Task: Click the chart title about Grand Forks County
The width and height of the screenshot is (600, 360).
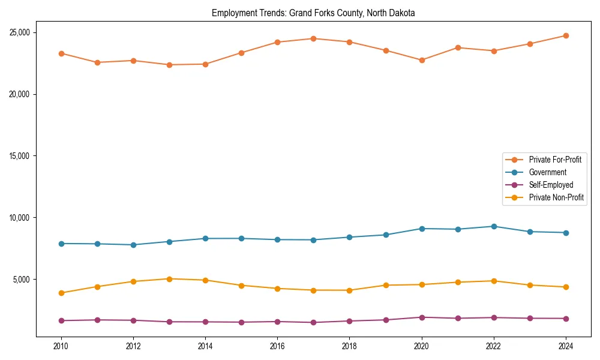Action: pos(313,13)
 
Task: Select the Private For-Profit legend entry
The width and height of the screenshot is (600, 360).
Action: pos(554,160)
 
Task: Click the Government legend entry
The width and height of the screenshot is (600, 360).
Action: pos(547,172)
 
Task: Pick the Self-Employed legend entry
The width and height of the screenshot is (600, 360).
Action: pos(551,185)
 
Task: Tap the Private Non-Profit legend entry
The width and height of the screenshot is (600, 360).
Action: pos(556,197)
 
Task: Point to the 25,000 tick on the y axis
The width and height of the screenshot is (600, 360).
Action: pos(20,32)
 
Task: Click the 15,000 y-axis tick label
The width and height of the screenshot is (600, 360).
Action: pos(20,156)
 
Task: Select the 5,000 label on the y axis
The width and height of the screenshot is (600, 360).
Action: pos(22,280)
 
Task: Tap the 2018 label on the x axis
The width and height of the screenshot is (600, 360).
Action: pos(350,346)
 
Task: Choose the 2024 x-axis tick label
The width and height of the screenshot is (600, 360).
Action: pos(566,346)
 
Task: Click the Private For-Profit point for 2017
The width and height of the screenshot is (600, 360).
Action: pos(313,38)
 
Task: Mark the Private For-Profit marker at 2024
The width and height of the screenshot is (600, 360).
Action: pos(566,35)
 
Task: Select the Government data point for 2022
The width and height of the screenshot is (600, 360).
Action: pos(494,226)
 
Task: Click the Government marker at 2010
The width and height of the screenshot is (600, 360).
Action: pos(61,244)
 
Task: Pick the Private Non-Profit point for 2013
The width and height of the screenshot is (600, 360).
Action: pos(169,279)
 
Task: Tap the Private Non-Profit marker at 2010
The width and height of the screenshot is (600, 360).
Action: pos(61,293)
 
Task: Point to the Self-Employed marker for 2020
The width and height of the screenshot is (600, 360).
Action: pos(422,317)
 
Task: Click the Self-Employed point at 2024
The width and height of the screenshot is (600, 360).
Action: pos(566,319)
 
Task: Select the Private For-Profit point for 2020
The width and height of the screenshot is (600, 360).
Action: pos(422,60)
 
